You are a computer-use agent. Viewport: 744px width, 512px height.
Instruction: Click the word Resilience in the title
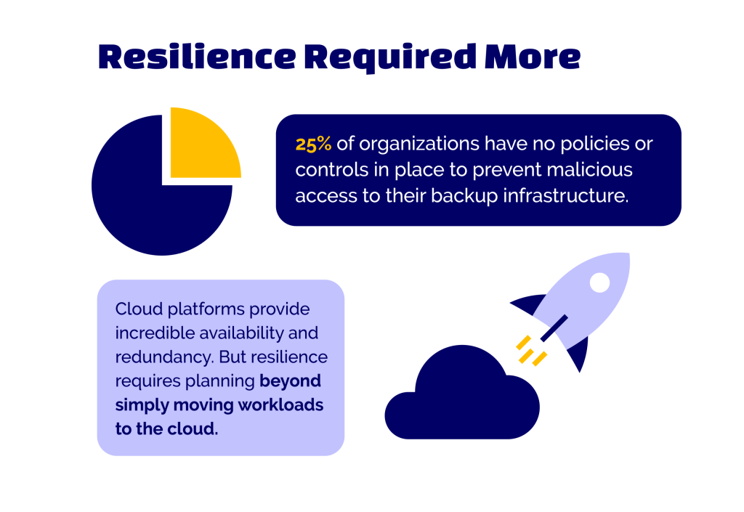click(197, 57)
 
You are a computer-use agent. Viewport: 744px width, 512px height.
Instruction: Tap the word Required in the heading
click(390, 58)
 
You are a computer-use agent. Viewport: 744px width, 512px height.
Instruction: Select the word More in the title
click(533, 57)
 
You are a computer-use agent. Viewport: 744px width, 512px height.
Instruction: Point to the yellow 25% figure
click(313, 144)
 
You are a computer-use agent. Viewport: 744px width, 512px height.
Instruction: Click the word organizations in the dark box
click(419, 145)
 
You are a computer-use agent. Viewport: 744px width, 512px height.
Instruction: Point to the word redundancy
click(164, 358)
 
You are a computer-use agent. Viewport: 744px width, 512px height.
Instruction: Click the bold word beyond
click(291, 381)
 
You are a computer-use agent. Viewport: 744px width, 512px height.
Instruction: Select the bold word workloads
click(280, 405)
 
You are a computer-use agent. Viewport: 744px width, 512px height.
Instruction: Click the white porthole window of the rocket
click(599, 283)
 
